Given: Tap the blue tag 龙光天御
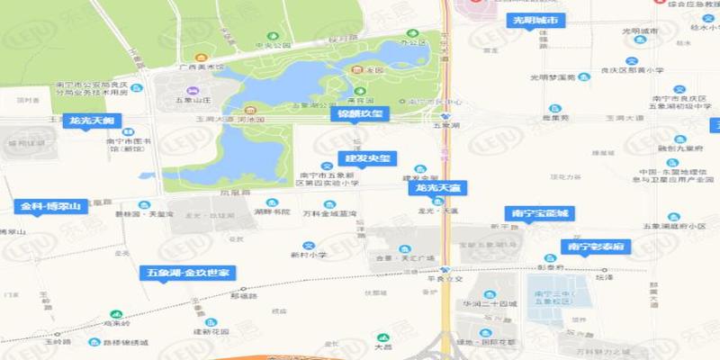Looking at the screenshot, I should click(x=88, y=120).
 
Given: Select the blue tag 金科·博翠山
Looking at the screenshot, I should click(x=51, y=206).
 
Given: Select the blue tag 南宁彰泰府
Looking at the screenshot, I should click(x=593, y=246).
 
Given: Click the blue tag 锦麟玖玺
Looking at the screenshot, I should click(x=359, y=114).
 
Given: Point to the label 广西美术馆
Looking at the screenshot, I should click(x=199, y=67).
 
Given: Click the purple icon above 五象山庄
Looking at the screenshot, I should click(x=191, y=91).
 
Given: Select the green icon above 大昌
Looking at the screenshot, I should click(x=383, y=333).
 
